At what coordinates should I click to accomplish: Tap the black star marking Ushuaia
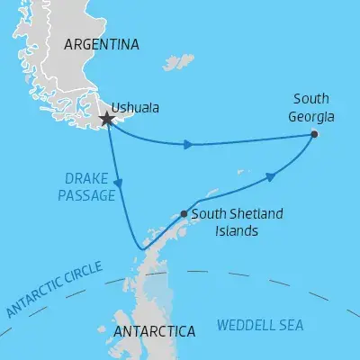107,118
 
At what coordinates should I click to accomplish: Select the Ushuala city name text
139,108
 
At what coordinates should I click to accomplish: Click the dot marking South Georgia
314,134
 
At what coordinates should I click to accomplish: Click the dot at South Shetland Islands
184,214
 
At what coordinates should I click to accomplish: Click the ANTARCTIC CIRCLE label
54,289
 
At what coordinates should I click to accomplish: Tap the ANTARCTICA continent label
155,332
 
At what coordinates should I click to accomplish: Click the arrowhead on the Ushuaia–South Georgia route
187,144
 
